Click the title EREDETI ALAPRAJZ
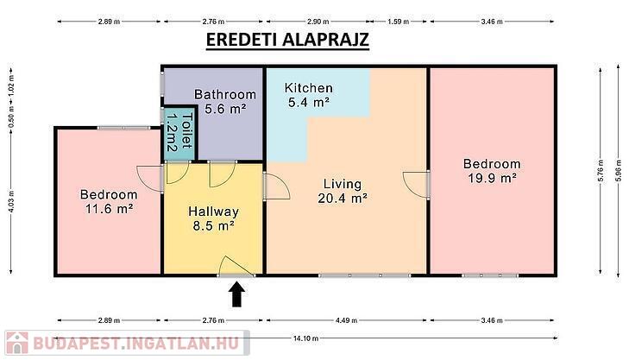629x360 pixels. (x=287, y=40)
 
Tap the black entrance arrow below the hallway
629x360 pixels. (x=237, y=294)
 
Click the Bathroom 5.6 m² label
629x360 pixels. (x=225, y=102)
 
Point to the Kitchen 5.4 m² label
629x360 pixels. (x=309, y=95)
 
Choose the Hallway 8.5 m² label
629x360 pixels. (x=213, y=218)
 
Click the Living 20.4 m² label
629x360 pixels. (x=343, y=191)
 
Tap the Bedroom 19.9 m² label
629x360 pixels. (x=492, y=171)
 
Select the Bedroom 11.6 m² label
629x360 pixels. (x=109, y=201)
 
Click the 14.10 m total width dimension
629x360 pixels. (x=305, y=338)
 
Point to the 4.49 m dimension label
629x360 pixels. (x=346, y=320)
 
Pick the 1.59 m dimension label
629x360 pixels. (x=399, y=22)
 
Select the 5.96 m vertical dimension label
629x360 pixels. (x=618, y=170)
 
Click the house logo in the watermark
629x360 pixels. (x=17, y=343)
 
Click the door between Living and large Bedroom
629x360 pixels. (x=418, y=185)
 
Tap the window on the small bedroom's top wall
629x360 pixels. (x=123, y=128)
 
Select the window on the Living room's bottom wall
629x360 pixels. (x=365, y=275)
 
